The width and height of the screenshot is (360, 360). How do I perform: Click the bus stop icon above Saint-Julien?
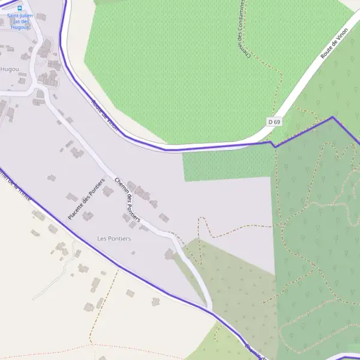point(19,8)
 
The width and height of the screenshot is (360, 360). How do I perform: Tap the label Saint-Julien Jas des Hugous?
point(20,21)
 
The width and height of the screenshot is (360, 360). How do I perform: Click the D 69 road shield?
point(274,122)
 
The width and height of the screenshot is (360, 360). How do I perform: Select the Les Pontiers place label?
point(114,238)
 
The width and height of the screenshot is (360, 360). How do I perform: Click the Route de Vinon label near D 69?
point(334,43)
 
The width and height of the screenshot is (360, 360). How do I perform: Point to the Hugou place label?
point(10,70)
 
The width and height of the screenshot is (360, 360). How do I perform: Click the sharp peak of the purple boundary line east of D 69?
point(332,117)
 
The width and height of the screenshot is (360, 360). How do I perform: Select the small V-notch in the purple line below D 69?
point(274,146)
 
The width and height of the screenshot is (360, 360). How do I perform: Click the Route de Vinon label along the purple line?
point(104,115)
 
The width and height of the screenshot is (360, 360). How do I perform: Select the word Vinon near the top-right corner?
point(341,35)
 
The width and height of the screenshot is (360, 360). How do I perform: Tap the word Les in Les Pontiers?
point(101,238)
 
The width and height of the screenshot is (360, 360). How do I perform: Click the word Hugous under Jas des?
point(20,26)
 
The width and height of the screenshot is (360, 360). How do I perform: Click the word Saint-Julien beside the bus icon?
point(20,16)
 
